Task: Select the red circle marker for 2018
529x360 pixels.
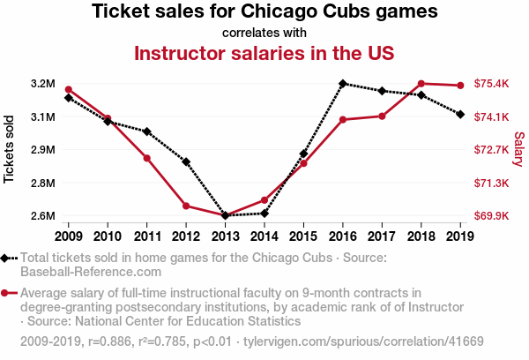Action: click(421, 84)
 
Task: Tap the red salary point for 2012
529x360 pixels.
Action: click(186, 206)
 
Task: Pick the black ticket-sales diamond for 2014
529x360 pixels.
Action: click(264, 214)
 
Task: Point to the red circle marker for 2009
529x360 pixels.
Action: click(69, 89)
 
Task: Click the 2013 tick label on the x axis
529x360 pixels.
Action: click(225, 236)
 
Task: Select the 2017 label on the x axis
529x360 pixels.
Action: click(382, 236)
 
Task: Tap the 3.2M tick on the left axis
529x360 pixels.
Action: click(42, 84)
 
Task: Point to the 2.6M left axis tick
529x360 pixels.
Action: click(42, 215)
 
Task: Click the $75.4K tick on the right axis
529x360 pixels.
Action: click(491, 84)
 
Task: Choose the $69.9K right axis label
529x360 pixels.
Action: click(491, 215)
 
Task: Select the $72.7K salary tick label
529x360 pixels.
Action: click(491, 150)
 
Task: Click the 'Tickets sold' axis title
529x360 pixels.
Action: click(10, 149)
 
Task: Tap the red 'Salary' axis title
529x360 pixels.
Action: click(518, 149)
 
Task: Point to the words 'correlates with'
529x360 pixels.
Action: click(264, 33)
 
